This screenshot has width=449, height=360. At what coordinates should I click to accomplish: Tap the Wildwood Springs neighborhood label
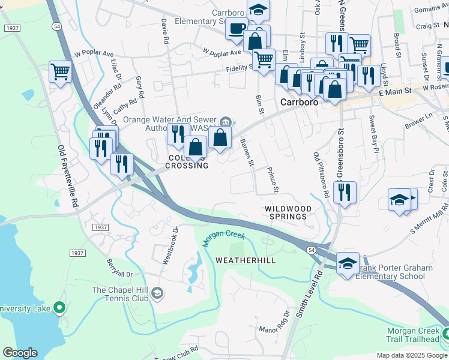289,212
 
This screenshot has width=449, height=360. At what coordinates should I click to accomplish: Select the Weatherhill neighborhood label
245,260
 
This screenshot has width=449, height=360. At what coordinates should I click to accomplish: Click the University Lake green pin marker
59,308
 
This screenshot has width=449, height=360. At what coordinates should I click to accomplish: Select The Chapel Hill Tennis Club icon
157,293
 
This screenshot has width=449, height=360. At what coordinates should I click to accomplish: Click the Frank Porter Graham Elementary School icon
348,263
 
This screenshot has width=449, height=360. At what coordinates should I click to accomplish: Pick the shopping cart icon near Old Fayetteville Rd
60,73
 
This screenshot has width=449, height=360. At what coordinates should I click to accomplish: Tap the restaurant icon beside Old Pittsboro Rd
345,193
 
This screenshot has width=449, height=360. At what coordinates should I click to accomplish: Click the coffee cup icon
237,28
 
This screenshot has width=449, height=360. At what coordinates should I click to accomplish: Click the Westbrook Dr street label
170,245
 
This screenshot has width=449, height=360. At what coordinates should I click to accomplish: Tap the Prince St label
272,180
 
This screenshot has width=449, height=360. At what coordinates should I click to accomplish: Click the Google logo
20,353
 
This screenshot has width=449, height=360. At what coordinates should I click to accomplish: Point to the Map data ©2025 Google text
411,355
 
